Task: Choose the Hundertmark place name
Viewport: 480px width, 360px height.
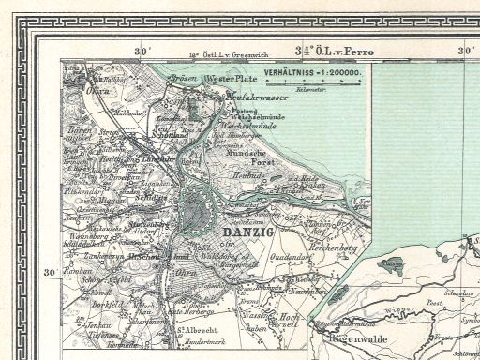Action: (222, 342)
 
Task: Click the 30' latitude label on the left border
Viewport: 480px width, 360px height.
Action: (51, 273)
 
